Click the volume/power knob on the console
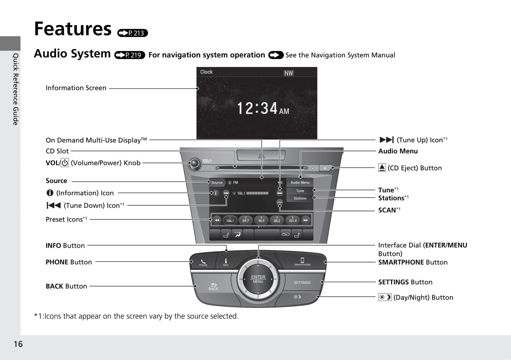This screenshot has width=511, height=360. [194, 163]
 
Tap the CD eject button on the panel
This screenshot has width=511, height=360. [325, 168]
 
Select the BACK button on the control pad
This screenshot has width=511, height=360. [213, 286]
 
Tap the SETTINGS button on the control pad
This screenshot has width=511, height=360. [302, 283]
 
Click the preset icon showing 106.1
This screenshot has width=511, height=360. [230, 220]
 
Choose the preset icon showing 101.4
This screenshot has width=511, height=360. [292, 220]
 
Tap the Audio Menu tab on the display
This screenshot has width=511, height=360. [300, 182]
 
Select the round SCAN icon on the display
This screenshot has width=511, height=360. [280, 202]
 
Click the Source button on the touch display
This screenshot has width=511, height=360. [217, 183]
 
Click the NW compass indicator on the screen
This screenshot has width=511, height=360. [289, 73]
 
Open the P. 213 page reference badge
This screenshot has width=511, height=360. [133, 33]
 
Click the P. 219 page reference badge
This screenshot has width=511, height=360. [130, 55]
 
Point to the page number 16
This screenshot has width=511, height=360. [18, 344]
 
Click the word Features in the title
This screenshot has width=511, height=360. [73, 29]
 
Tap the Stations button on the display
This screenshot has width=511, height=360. [300, 198]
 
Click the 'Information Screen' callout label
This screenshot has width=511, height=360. [76, 88]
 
